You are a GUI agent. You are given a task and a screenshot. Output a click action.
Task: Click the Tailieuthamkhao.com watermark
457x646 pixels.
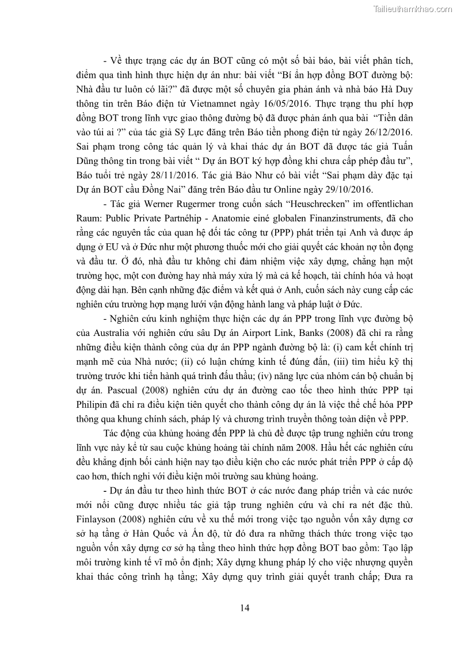[413, 9]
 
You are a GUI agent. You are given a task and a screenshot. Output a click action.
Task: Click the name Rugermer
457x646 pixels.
[188, 204]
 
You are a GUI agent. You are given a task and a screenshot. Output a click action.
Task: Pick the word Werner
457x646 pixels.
[144, 204]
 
